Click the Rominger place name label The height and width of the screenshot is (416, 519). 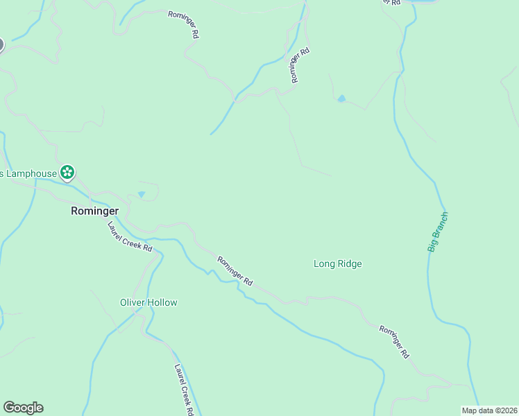point(94,211)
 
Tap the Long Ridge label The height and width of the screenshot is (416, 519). point(337,263)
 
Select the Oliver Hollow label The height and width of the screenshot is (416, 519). point(148,302)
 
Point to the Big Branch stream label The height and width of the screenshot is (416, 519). point(438,232)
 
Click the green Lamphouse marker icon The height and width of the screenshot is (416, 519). point(67,172)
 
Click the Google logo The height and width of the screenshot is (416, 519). point(23,408)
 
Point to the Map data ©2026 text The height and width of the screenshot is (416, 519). point(488,410)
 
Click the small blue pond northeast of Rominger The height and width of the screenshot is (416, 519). point(142,195)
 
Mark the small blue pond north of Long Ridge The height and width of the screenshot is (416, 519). point(341,99)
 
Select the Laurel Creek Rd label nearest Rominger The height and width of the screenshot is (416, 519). point(130,236)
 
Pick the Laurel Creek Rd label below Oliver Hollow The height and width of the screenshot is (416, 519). point(184,390)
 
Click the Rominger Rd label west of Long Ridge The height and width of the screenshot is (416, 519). point(235,272)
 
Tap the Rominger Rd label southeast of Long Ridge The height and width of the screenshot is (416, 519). point(395,340)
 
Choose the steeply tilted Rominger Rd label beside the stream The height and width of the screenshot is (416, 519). point(299,65)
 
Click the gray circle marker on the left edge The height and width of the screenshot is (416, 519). point(1,45)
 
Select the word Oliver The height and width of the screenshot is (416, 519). point(132,302)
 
